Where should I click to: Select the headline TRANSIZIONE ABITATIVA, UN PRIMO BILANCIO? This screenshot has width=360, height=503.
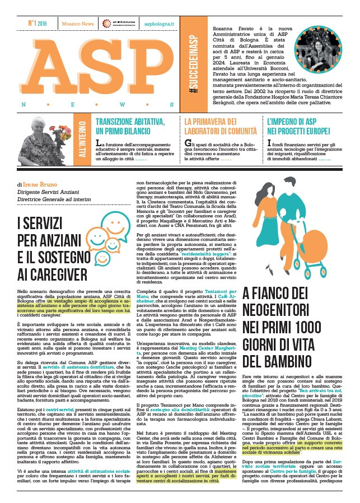[132, 126]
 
